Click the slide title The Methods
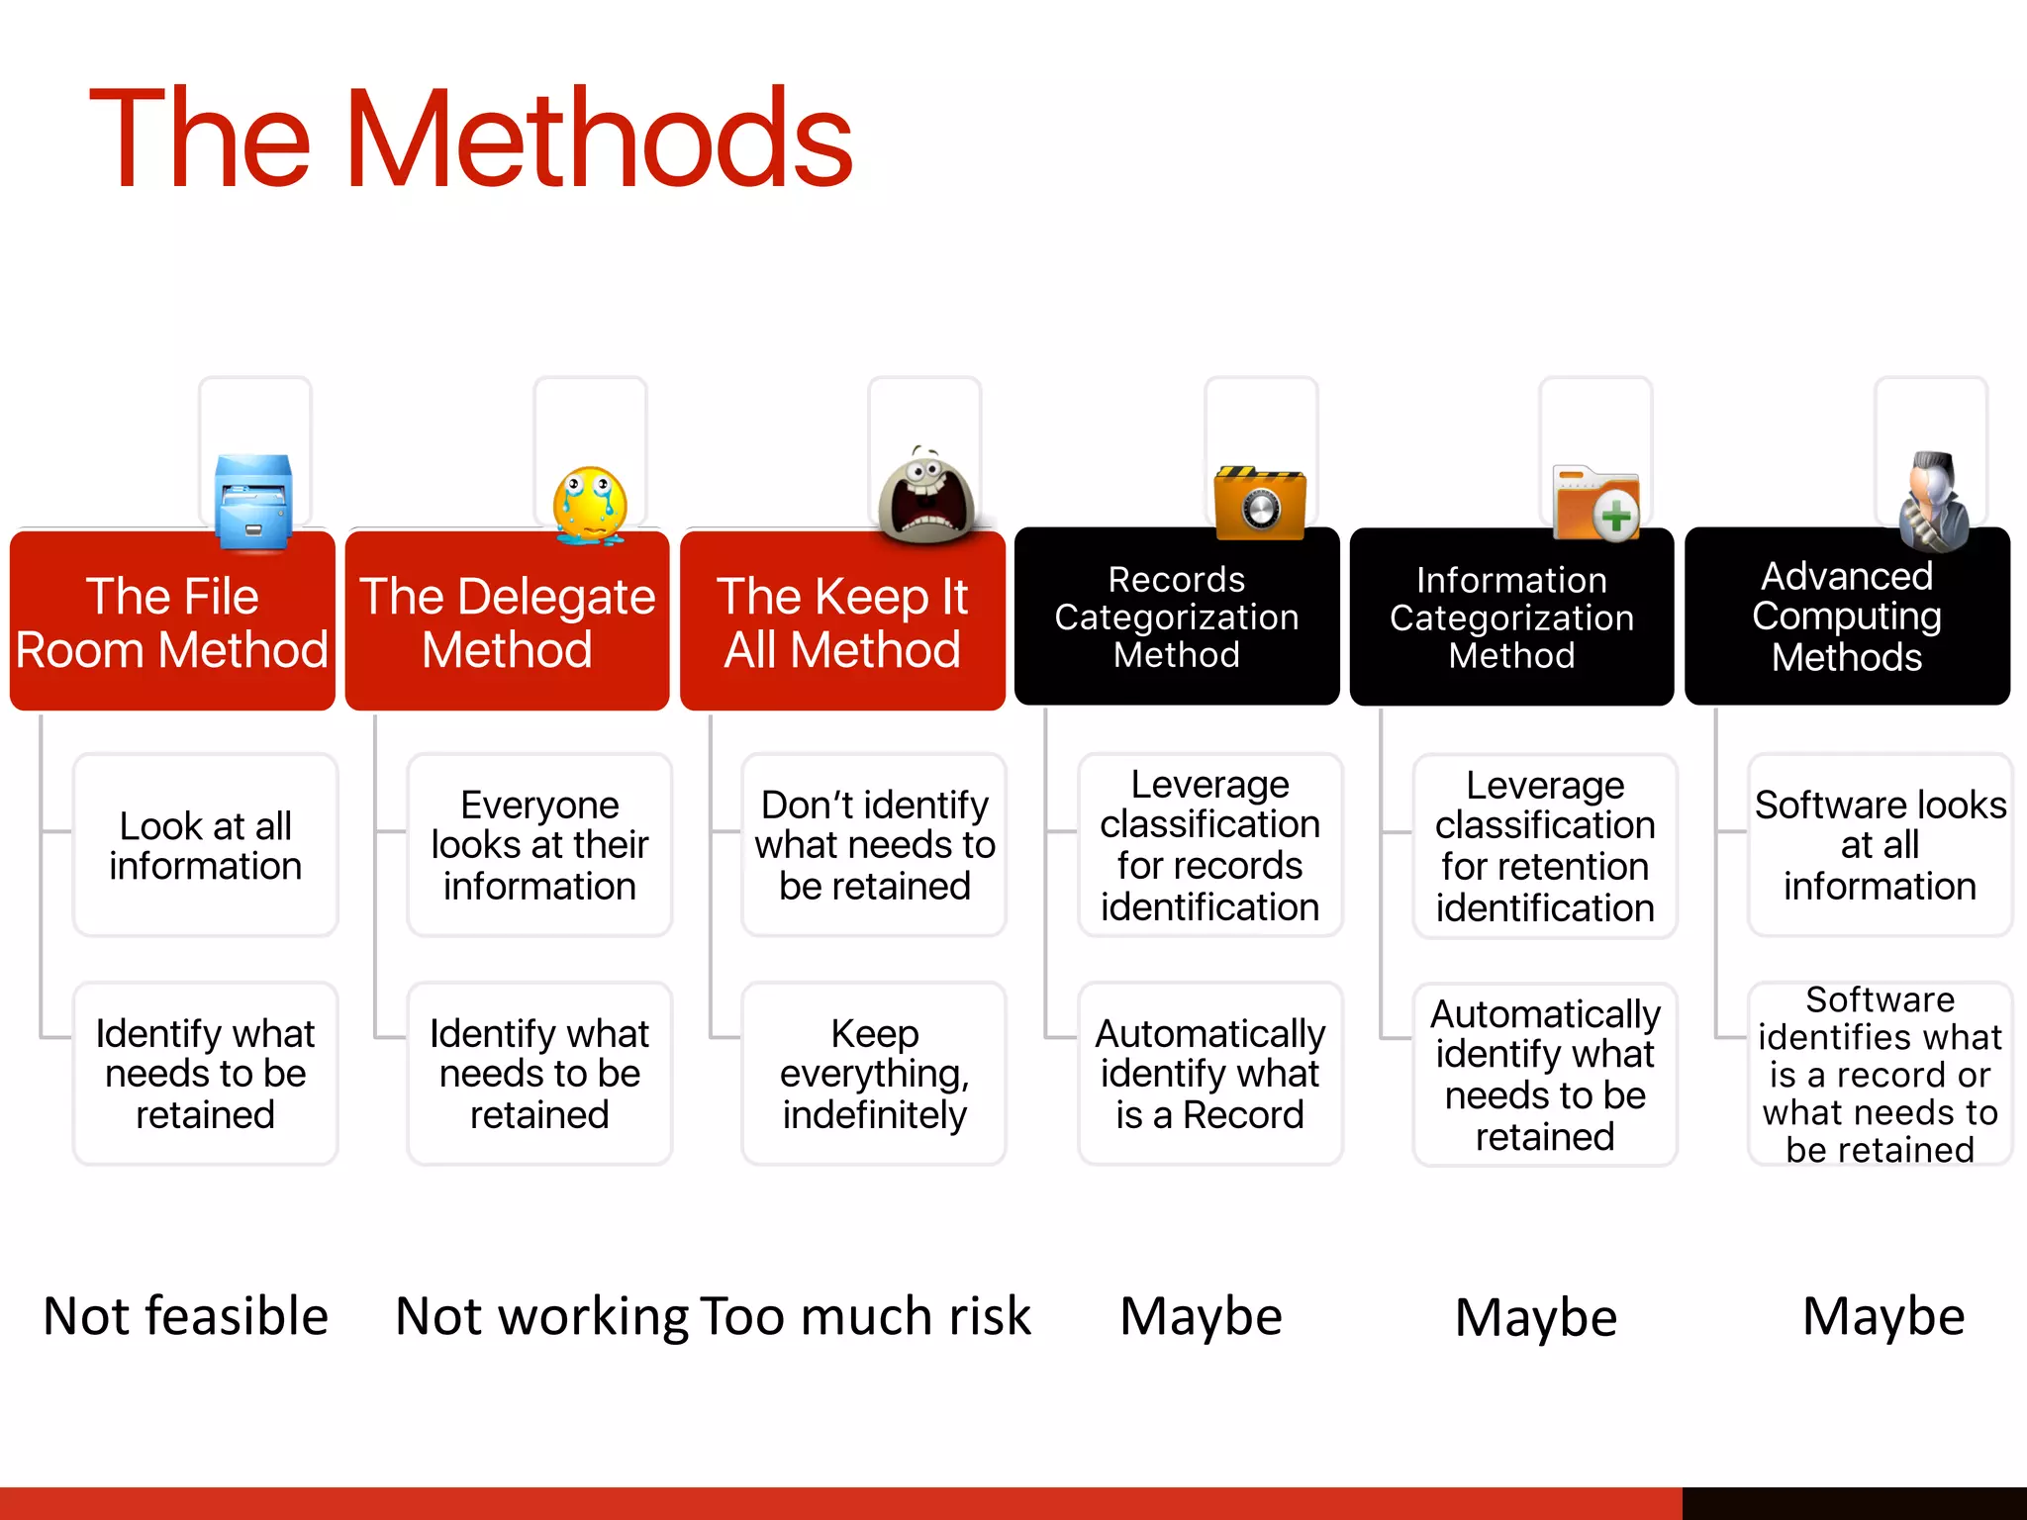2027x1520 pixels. pos(470,139)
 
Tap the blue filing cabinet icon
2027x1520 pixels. pos(254,502)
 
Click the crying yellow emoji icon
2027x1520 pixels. pos(590,506)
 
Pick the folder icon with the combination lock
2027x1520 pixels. pos(1260,504)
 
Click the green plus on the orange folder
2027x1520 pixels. pos(1615,517)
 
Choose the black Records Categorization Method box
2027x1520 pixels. pos(1177,617)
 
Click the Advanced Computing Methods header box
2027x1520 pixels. pos(1847,617)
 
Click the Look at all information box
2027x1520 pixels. pos(205,845)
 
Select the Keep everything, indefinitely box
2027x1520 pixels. pos(874,1074)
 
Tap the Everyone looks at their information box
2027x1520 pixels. pos(539,845)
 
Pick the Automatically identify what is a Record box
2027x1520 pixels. pos(1209,1074)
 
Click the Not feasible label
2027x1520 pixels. pos(186,1316)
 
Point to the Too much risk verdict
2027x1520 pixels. pos(866,1316)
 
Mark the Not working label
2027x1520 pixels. pos(541,1316)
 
